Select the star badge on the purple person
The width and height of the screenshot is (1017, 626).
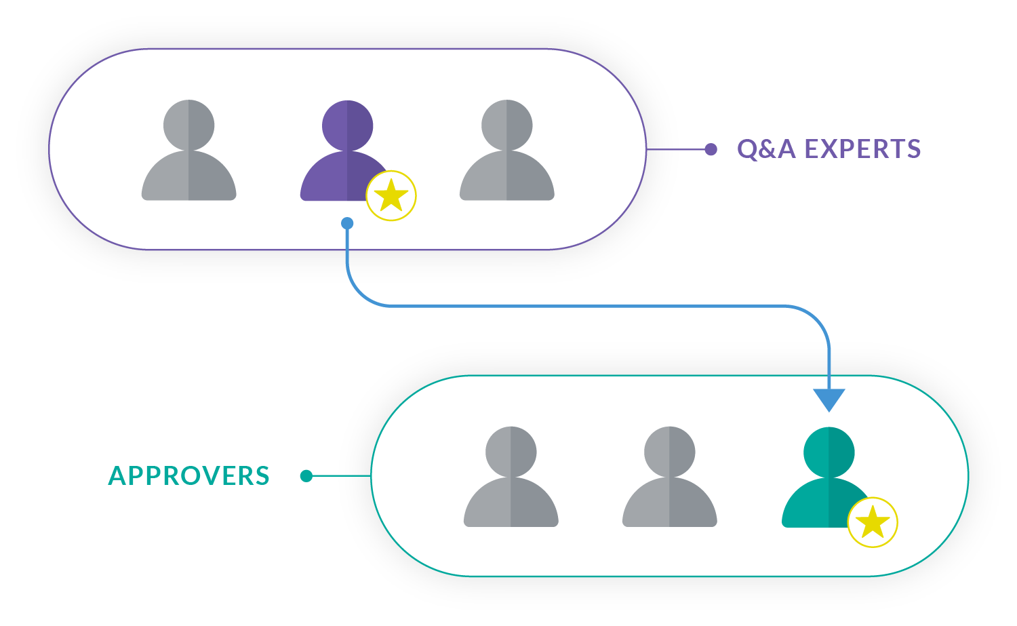[391, 196]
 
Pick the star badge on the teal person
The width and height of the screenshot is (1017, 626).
[873, 522]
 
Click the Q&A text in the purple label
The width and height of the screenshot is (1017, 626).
[765, 149]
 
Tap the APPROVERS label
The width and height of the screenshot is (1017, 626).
[189, 476]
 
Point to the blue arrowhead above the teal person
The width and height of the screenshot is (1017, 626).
[829, 399]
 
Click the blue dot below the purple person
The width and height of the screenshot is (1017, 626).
[347, 223]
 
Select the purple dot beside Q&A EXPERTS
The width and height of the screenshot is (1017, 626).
[711, 149]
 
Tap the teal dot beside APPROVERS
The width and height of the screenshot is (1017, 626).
[306, 476]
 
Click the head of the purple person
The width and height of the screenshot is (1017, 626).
[346, 125]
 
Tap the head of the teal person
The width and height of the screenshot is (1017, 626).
[829, 452]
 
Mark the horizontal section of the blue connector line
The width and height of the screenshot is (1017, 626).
[583, 307]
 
